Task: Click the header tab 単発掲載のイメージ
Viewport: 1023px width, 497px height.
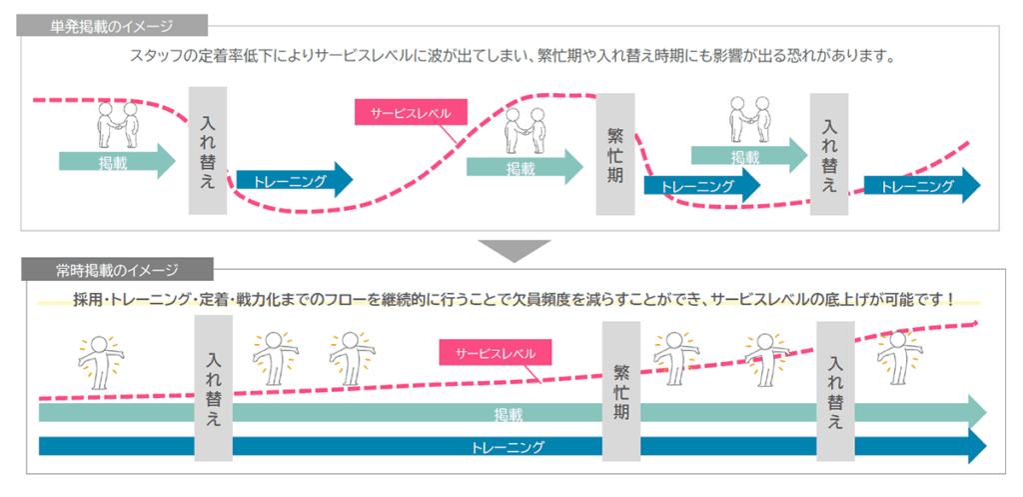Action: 111,26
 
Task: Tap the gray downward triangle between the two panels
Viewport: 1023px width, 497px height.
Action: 513,249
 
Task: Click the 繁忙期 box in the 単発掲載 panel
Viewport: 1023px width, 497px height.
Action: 615,155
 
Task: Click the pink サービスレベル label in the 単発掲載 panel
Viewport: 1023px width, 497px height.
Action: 411,113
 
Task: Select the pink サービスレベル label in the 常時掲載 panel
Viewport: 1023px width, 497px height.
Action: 495,353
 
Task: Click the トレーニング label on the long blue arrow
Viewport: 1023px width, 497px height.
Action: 509,446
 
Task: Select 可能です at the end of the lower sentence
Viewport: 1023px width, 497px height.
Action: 918,299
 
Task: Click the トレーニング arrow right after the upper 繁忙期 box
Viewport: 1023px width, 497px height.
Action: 699,186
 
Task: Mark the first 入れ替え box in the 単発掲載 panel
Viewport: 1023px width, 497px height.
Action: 209,151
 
